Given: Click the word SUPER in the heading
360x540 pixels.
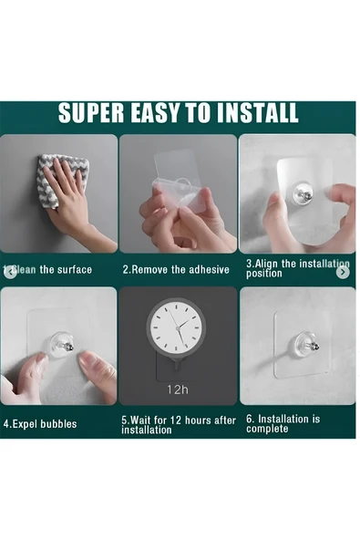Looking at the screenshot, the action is pos(91,112).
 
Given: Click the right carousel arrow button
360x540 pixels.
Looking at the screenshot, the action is pos(343,272).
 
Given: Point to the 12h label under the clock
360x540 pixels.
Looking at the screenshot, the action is pos(178,389).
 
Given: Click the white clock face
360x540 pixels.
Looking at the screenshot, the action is pos(176,327).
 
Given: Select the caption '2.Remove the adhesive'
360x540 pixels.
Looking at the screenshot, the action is pos(176,269).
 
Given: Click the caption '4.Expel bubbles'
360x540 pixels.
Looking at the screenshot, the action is pos(40,423).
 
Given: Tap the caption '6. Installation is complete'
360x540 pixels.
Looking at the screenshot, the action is pos(283,424).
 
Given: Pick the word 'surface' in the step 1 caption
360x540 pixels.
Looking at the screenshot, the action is pos(75,269).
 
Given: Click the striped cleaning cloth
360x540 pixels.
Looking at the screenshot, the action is pos(62,179).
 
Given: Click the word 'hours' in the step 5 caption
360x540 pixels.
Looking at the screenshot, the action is pos(198,421).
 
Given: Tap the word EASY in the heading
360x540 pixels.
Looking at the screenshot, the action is pos(156,112).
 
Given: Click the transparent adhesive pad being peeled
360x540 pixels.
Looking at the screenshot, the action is pos(179,182).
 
